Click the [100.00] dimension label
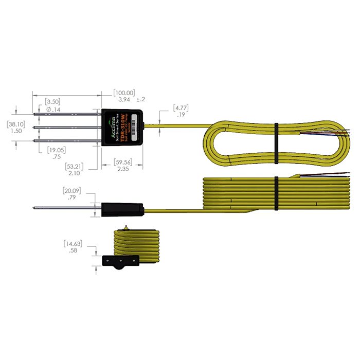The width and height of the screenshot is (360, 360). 124,92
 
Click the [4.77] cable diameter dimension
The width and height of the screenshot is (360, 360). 181,109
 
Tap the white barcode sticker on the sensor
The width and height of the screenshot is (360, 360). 135,127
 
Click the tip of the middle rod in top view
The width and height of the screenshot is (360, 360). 34,127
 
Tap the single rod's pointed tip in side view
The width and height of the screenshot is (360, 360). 34,208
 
